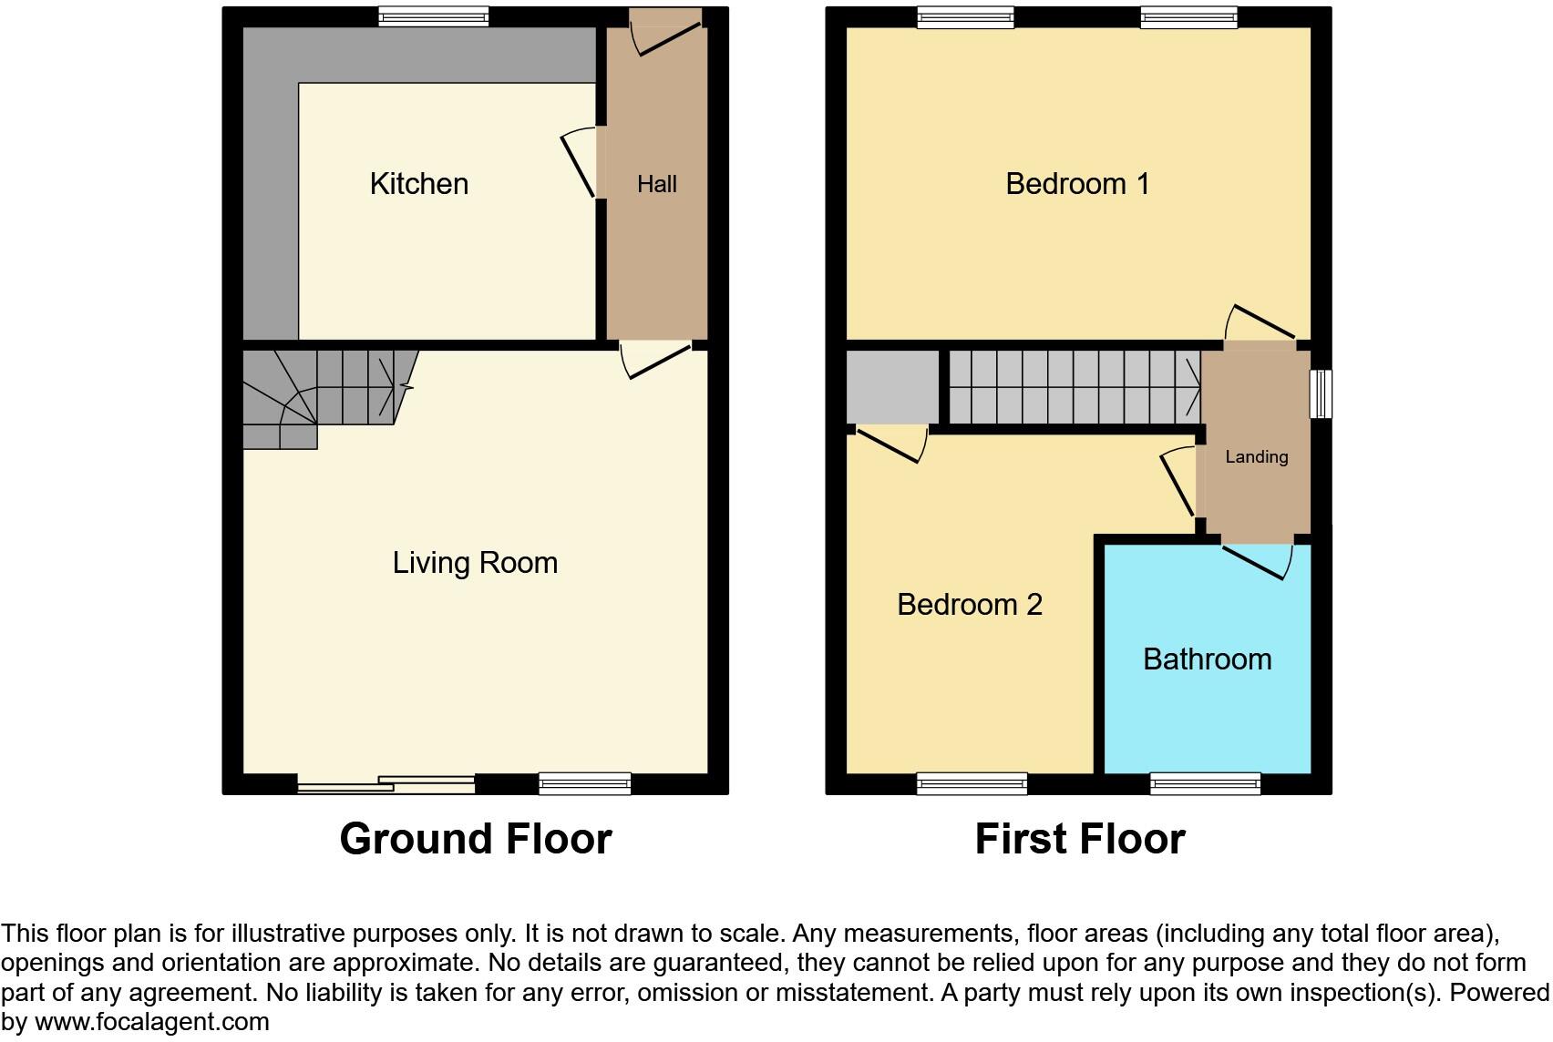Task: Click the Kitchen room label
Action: point(419,184)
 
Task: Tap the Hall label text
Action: point(656,185)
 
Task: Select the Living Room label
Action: point(475,563)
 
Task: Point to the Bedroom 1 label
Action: point(1077,184)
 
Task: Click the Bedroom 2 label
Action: point(969,605)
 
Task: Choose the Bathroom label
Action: point(1207,659)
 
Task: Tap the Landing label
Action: point(1256,457)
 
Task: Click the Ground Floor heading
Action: point(475,839)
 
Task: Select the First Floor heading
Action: point(1079,839)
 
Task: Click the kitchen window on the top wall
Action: point(433,16)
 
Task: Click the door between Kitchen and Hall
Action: point(581,162)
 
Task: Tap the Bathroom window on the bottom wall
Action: point(1205,783)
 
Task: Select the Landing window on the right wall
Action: point(1321,393)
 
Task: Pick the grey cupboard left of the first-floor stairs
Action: point(892,387)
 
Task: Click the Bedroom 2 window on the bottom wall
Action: point(972,783)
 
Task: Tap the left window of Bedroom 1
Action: point(965,16)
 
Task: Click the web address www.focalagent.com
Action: point(151,1022)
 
